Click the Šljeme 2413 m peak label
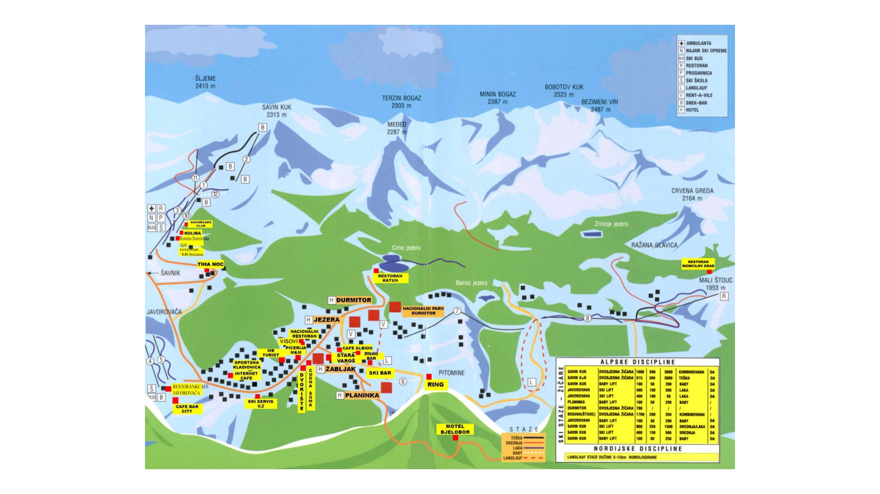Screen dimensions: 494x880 tap(205, 82)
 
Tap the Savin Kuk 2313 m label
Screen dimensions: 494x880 tap(276, 110)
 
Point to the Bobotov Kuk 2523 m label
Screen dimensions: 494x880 tap(564, 90)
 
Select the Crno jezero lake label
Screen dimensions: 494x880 tap(406, 247)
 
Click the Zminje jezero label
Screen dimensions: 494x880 tap(611, 224)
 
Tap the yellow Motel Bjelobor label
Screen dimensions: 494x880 tap(455, 429)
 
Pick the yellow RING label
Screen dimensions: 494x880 tap(435, 384)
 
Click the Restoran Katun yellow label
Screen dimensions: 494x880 tap(390, 278)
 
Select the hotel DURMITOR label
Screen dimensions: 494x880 tap(353, 300)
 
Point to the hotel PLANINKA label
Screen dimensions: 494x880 tap(362, 395)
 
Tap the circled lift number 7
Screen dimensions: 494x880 tap(457, 311)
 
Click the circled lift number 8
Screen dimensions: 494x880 tap(587, 318)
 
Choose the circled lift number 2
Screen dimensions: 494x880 tap(246, 159)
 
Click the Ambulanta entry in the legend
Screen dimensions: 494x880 tap(698, 43)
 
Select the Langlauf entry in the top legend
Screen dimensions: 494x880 tap(696, 88)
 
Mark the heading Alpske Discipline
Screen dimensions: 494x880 tap(637, 362)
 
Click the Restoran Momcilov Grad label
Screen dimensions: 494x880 tap(698, 263)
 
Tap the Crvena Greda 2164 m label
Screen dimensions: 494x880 tap(692, 194)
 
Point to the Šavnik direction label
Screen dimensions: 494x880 tap(170, 273)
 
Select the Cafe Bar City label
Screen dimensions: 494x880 tap(187, 409)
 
